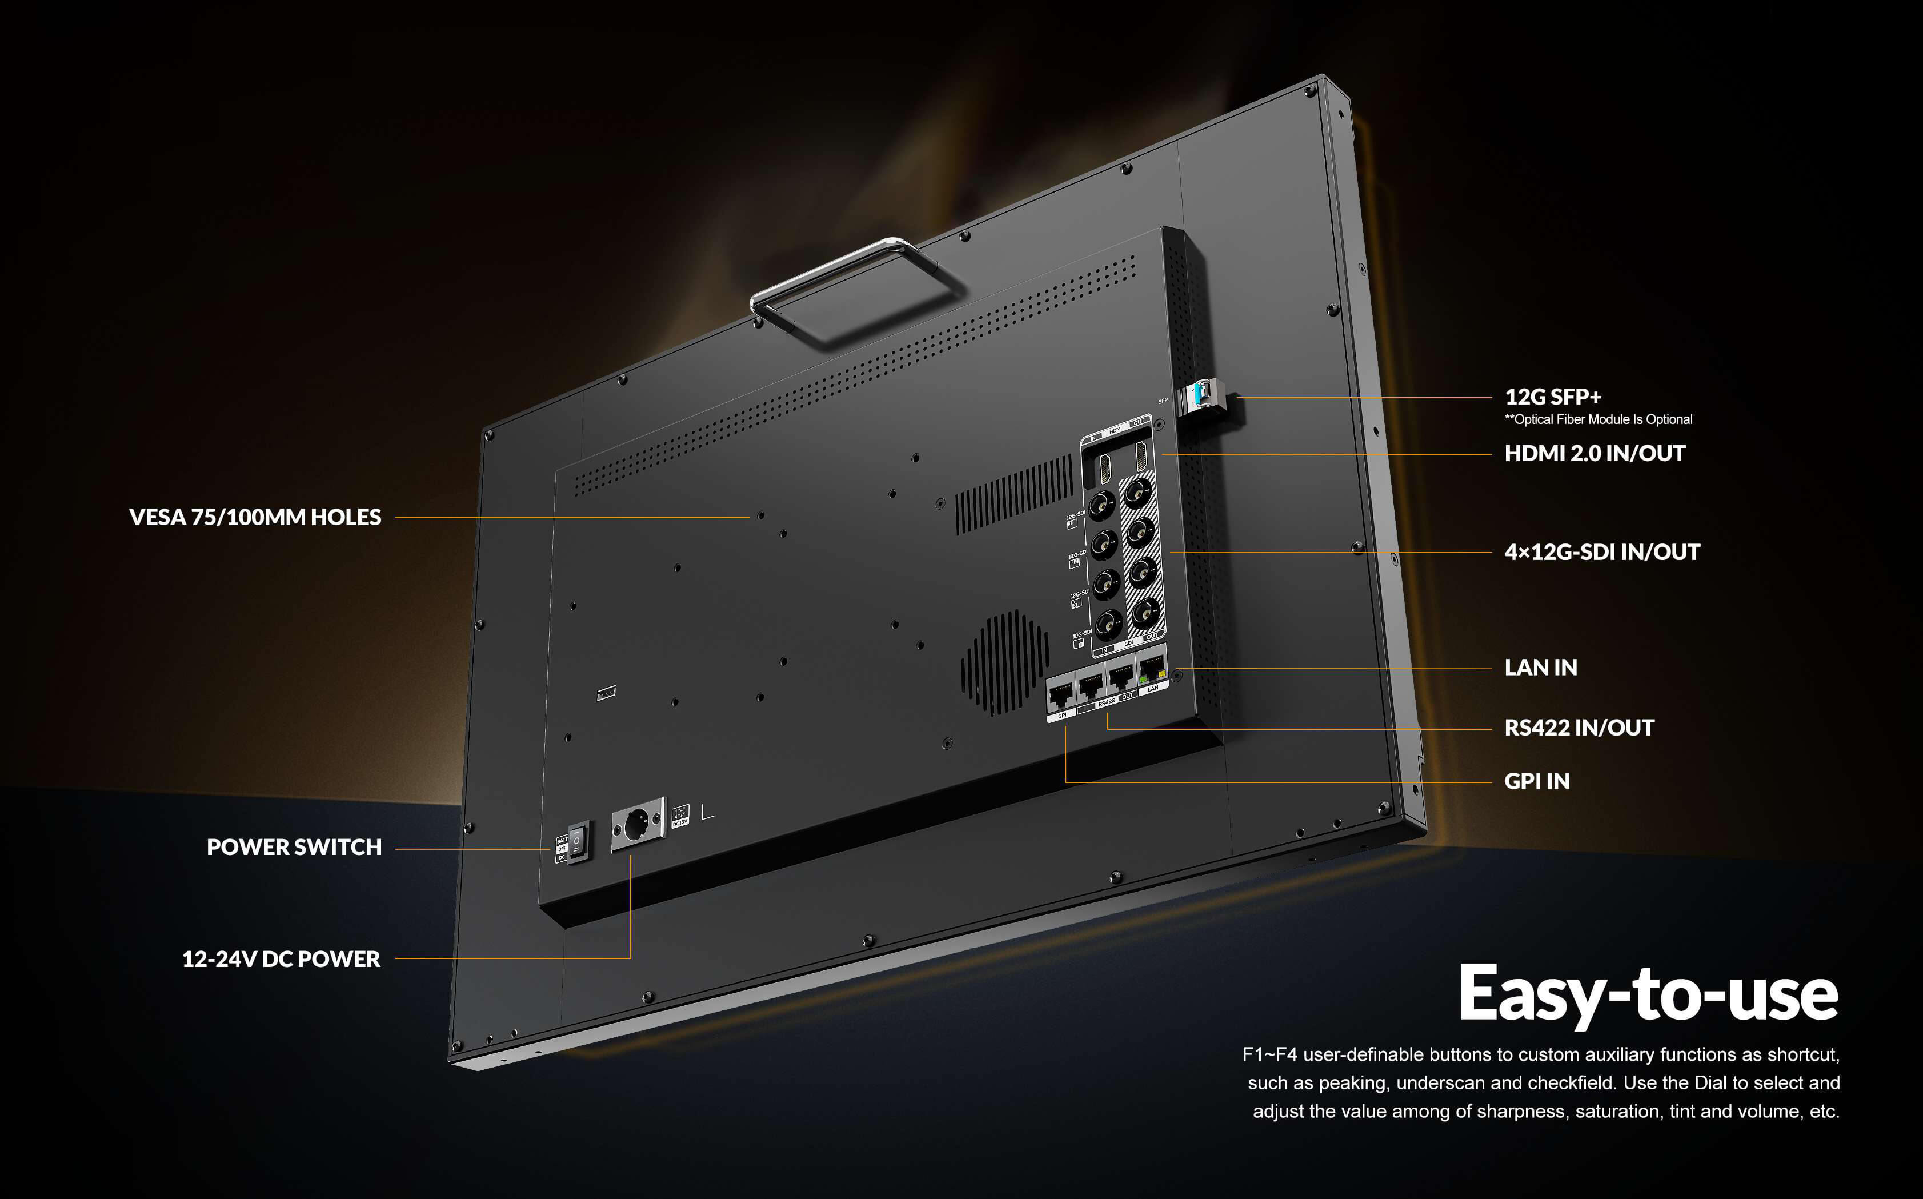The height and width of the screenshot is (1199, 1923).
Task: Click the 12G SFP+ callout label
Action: [1552, 397]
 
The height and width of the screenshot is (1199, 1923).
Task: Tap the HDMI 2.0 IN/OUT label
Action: [1594, 454]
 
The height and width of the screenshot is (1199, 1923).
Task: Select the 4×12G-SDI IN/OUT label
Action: [1601, 552]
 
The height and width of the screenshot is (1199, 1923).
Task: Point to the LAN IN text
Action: [1540, 668]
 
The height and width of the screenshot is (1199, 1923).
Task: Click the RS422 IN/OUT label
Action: [1578, 728]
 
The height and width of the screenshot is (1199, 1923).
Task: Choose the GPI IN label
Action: [1536, 781]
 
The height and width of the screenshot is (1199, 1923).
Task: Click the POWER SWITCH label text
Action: [294, 847]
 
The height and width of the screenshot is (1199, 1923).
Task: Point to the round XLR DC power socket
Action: [636, 824]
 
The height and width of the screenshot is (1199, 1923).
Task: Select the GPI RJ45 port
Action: [1060, 696]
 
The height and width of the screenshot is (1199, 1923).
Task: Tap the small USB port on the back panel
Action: [606, 692]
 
